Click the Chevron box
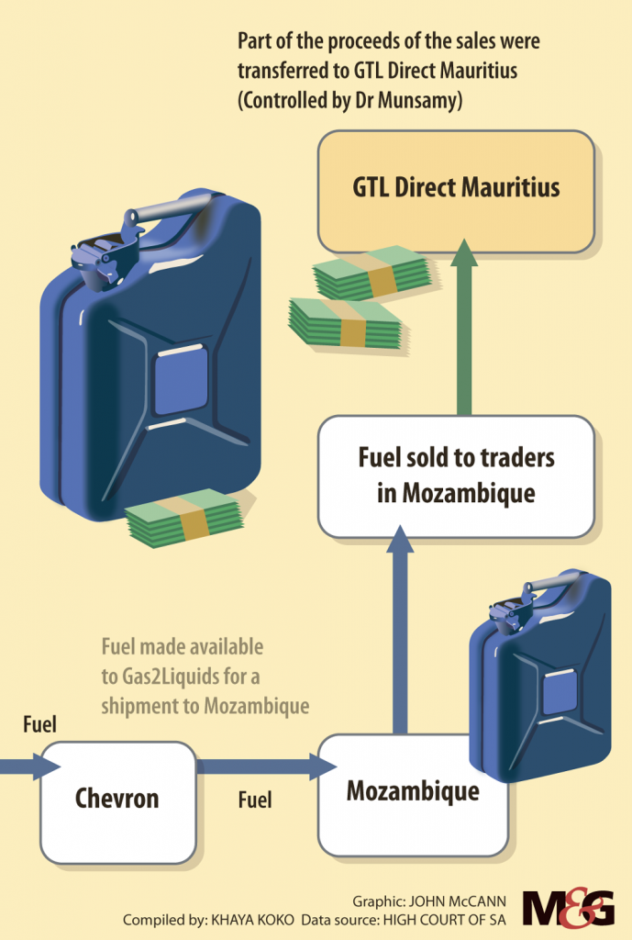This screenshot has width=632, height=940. click(117, 801)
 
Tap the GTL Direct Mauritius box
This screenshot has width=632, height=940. click(456, 190)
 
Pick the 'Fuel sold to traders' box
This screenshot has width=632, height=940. click(456, 476)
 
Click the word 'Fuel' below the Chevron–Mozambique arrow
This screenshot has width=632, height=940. click(255, 800)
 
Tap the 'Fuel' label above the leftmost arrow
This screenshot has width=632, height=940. click(39, 724)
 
